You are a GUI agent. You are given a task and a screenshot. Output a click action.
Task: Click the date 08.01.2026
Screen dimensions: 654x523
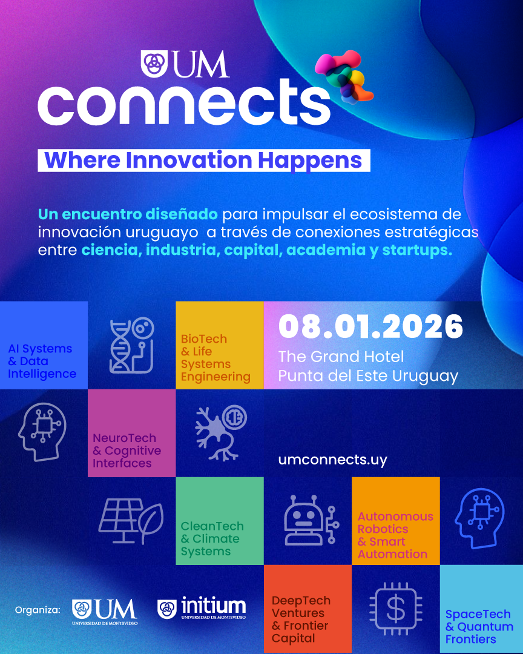tap(370, 327)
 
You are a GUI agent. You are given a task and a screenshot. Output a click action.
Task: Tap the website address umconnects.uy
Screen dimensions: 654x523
tap(332, 460)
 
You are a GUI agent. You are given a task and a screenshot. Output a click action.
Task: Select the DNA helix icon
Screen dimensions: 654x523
tap(131, 346)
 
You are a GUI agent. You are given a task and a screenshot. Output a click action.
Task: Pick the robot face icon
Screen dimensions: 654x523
tap(306, 520)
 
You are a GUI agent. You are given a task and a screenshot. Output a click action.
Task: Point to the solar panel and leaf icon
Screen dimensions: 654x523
tap(131, 521)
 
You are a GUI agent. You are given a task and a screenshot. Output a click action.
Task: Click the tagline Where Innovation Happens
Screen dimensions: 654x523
tap(203, 160)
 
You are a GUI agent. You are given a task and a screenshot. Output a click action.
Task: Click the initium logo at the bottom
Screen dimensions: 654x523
tap(202, 609)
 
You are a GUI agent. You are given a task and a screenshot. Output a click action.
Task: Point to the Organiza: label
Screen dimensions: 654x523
tap(38, 610)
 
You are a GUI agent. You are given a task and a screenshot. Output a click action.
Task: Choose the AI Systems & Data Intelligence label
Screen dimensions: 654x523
tap(42, 362)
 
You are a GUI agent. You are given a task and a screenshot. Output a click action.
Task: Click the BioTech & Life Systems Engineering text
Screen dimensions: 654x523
tap(215, 358)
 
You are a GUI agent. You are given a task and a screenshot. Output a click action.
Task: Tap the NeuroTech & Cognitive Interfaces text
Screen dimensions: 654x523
tap(127, 451)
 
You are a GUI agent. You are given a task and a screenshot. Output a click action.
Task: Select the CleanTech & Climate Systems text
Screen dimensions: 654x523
tap(212, 538)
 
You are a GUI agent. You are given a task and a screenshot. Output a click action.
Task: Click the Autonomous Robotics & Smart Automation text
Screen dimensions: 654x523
tap(395, 535)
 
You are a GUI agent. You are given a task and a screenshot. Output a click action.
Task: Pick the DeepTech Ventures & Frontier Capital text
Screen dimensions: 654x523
tap(301, 619)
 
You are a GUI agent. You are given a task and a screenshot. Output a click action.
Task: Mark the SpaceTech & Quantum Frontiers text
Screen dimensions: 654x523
tap(479, 627)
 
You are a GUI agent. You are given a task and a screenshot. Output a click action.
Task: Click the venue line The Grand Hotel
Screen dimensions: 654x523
tap(341, 357)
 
